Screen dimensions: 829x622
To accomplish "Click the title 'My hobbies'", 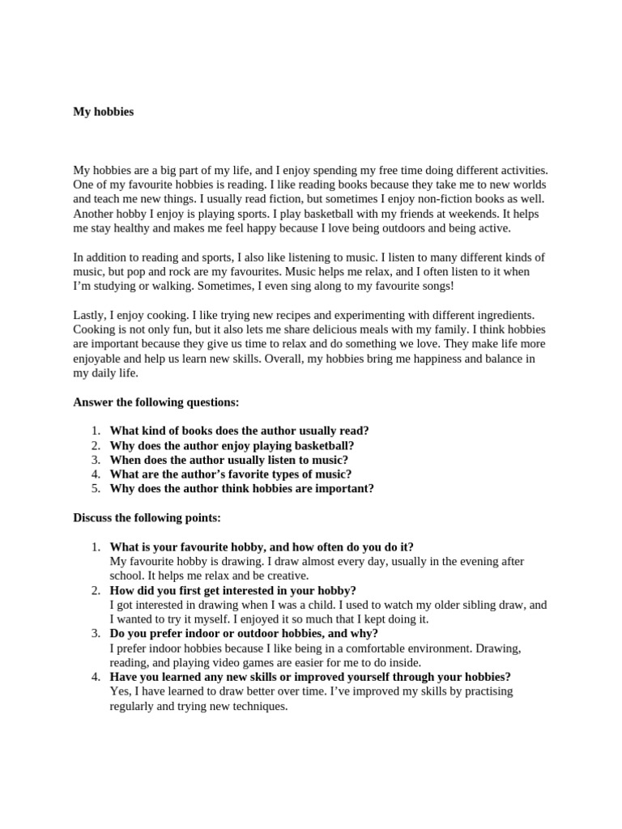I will [x=104, y=112].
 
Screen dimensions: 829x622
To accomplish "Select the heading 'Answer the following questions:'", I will [x=156, y=402].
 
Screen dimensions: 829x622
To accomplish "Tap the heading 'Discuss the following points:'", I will [x=147, y=517].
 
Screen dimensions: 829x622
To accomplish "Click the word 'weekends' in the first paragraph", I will [x=470, y=214].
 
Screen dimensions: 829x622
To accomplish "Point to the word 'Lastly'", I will [x=89, y=315].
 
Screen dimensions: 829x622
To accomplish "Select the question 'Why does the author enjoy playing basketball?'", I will [x=232, y=445].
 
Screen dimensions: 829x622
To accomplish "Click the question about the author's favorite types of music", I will [x=231, y=474].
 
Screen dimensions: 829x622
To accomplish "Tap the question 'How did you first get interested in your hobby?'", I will [x=232, y=590].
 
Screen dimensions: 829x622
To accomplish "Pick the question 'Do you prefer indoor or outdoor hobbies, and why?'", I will [x=244, y=634].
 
